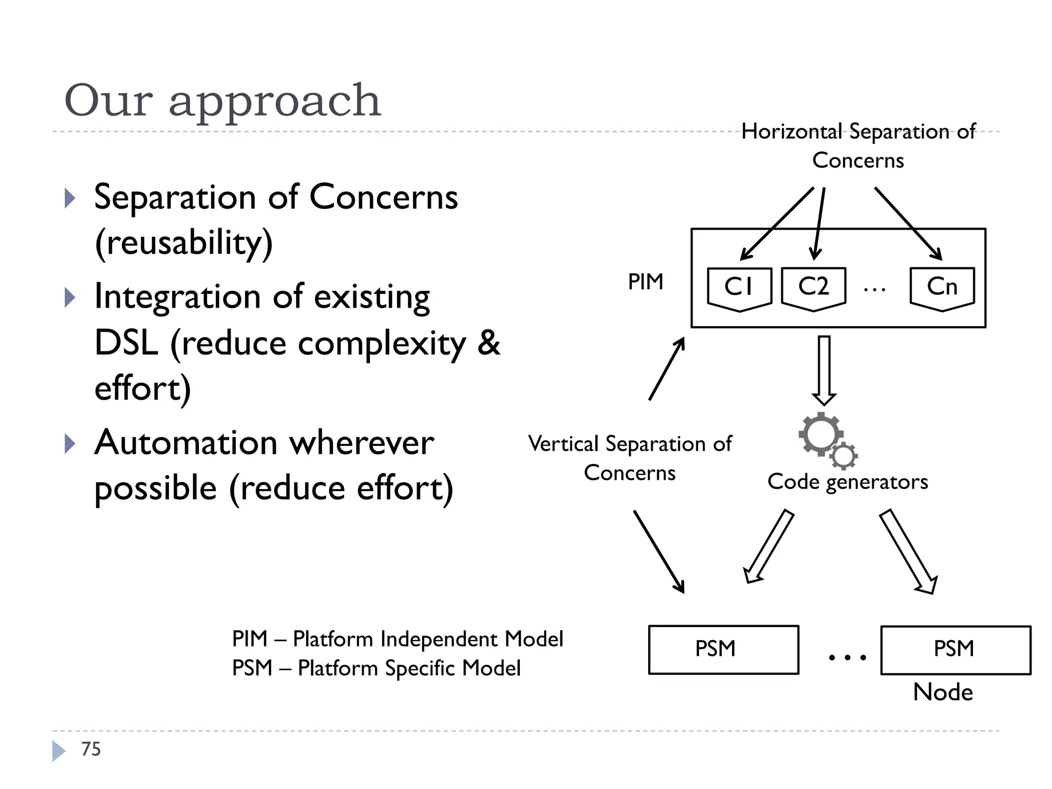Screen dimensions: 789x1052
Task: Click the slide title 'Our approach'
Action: [x=222, y=100]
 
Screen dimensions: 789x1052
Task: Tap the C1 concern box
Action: [x=739, y=288]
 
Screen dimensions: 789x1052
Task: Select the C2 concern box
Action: [x=813, y=288]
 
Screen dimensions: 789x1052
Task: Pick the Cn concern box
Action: [x=942, y=288]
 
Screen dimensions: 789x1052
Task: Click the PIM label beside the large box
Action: [x=646, y=282]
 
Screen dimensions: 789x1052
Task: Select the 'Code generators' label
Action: [x=848, y=482]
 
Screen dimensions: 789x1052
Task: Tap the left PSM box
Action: [x=723, y=649]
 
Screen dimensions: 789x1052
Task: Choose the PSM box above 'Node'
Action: [x=955, y=649]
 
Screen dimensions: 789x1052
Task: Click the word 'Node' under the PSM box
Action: [x=943, y=692]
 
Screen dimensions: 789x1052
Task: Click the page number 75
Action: [x=91, y=749]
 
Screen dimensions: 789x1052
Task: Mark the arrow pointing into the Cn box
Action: [x=908, y=223]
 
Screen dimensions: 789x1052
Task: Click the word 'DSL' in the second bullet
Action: [x=126, y=343]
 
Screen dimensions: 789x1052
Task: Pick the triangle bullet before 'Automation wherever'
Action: [x=70, y=444]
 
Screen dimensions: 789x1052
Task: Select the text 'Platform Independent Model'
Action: [x=428, y=639]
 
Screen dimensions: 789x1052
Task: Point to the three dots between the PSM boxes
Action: [x=848, y=657]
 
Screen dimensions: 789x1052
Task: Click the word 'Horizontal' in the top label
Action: [x=792, y=131]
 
